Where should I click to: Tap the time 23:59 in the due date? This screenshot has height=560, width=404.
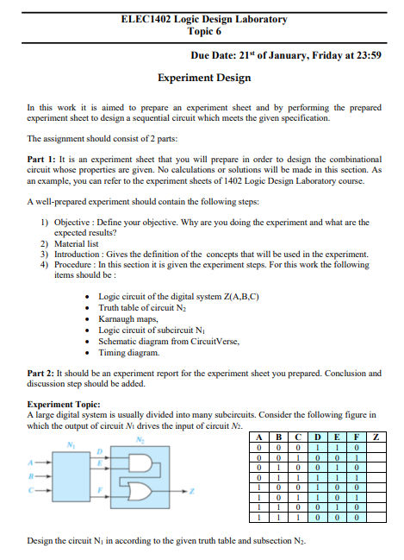coord(368,55)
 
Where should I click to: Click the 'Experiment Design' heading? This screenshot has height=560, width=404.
coord(204,78)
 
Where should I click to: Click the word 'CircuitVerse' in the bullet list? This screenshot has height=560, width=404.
coord(208,340)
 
